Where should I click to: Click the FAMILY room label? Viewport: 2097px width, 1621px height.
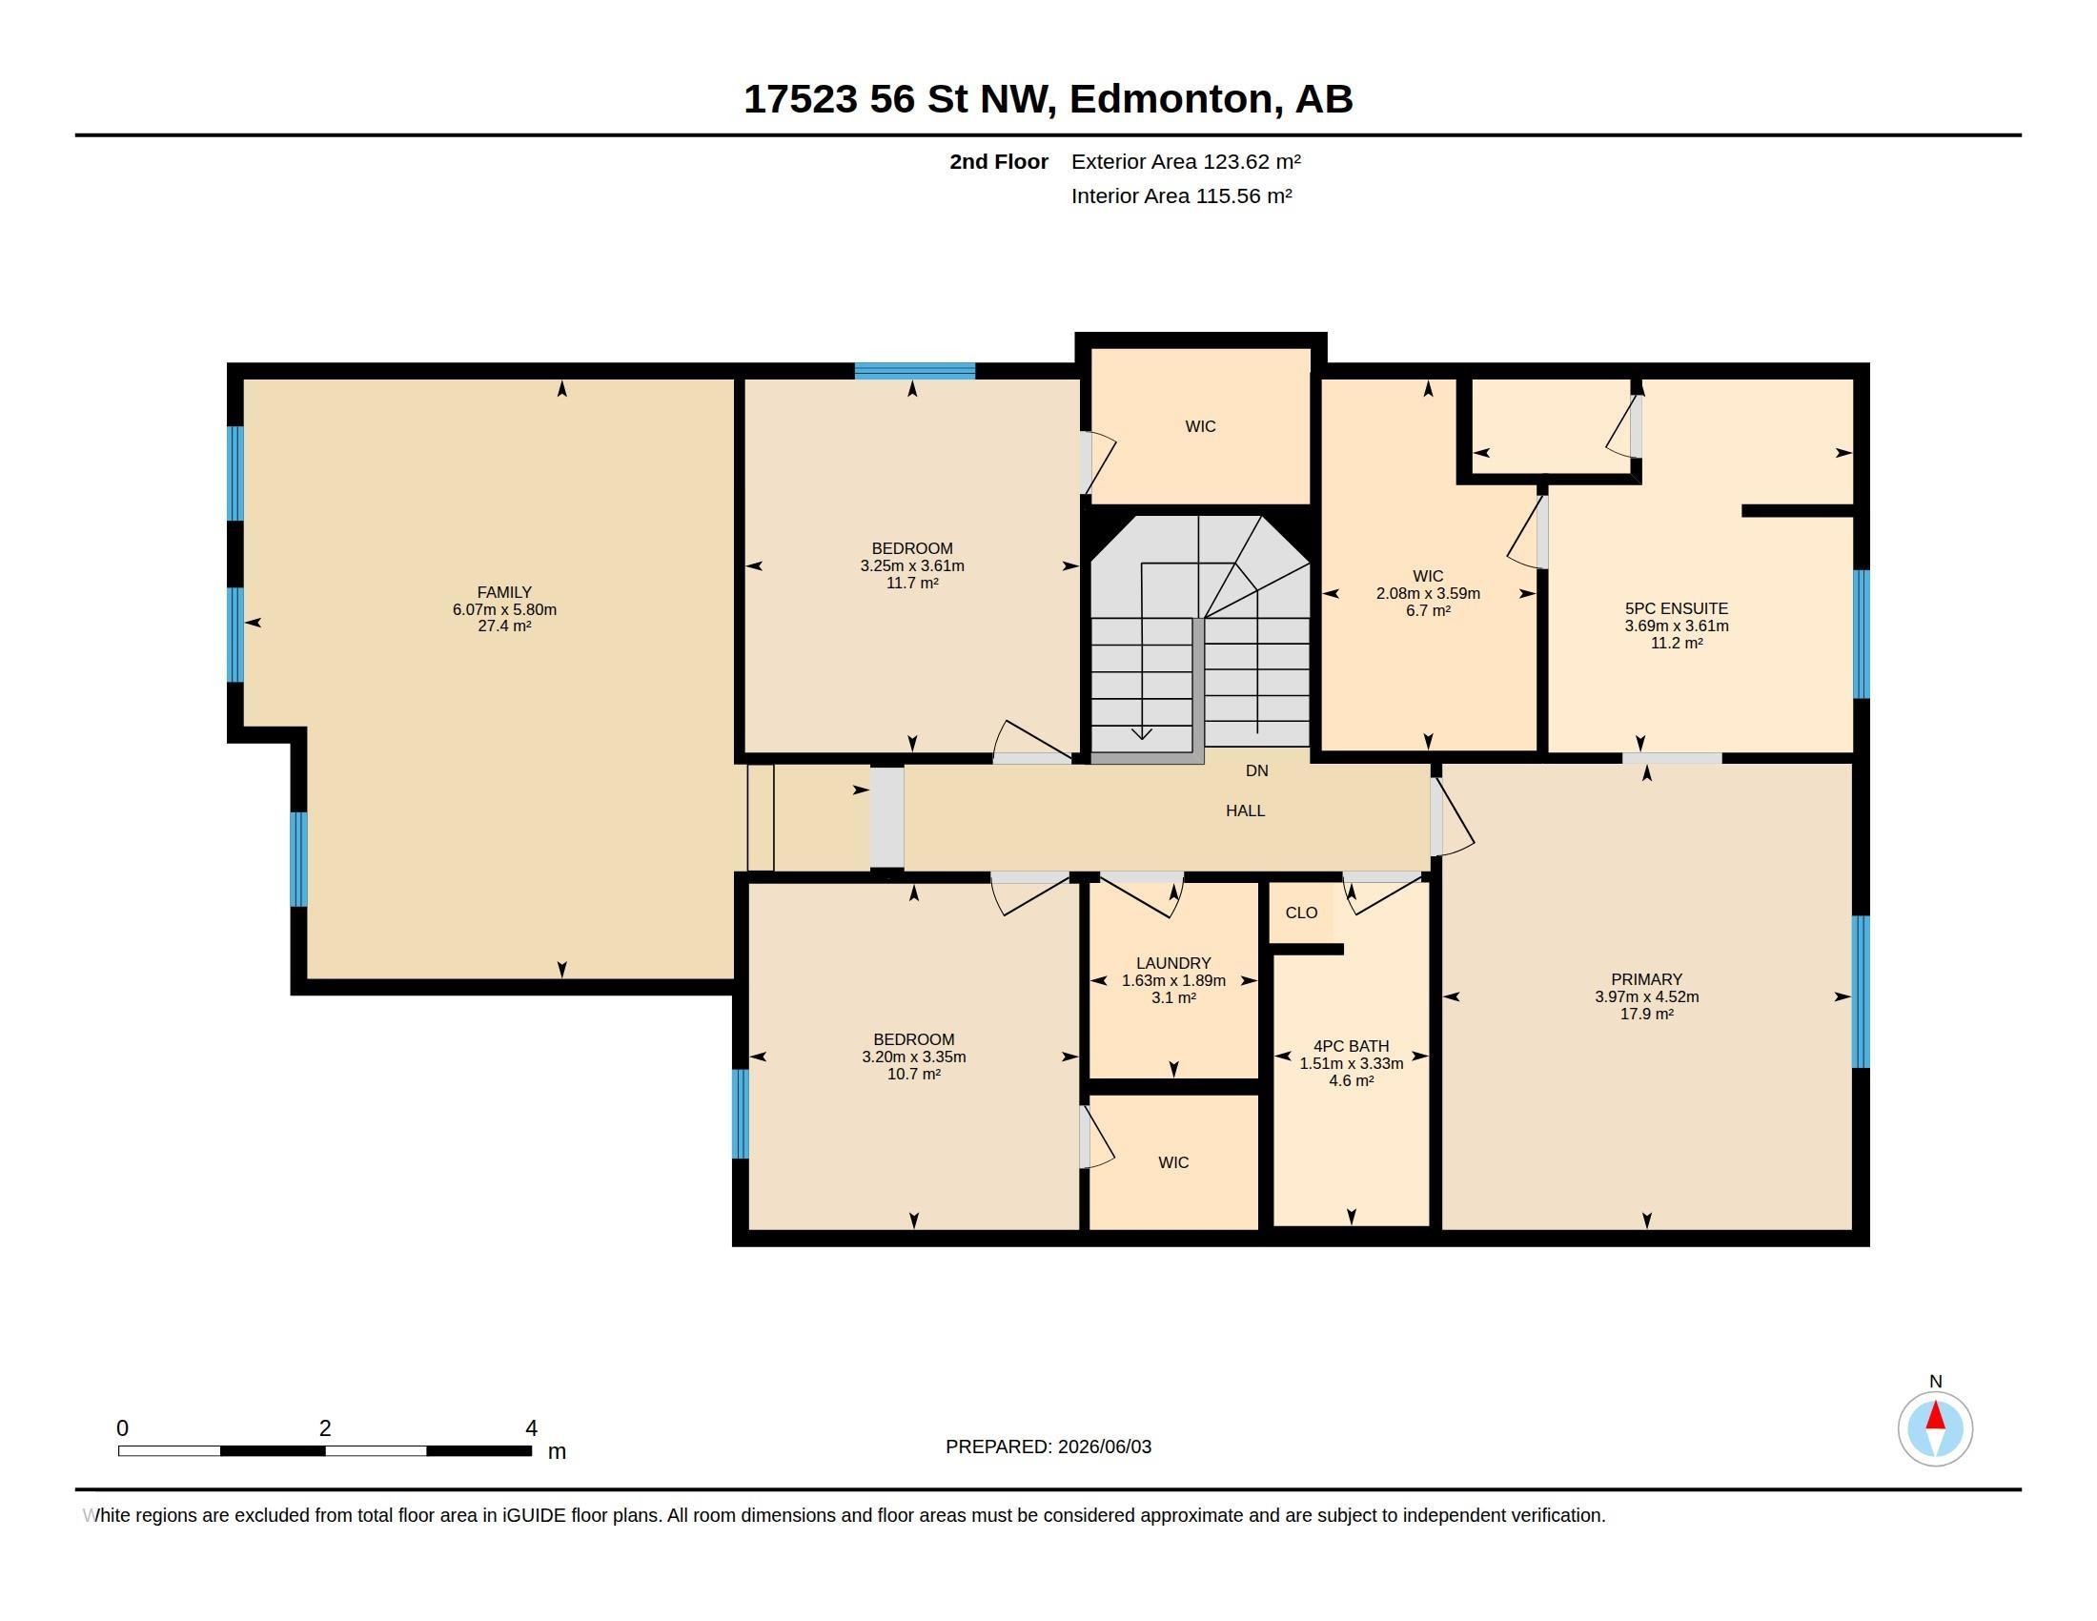click(x=504, y=592)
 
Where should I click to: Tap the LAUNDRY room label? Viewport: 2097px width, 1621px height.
click(x=1173, y=963)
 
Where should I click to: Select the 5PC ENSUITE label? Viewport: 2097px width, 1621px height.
click(x=1677, y=609)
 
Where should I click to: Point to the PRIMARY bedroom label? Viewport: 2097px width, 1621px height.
click(x=1647, y=979)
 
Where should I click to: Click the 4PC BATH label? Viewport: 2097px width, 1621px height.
click(x=1351, y=1047)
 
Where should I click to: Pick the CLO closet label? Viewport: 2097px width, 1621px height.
click(x=1301, y=913)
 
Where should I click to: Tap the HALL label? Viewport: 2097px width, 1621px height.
click(x=1246, y=810)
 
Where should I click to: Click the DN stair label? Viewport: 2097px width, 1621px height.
click(x=1257, y=770)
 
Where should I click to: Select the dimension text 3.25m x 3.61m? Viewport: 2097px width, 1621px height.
click(x=912, y=566)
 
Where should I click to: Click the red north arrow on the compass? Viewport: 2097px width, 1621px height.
click(x=1936, y=1415)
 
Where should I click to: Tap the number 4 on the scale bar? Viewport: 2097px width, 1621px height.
click(x=531, y=1428)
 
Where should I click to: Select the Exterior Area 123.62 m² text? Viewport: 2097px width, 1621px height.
click(x=1186, y=161)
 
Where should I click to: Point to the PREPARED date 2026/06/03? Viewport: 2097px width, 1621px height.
click(x=1104, y=1447)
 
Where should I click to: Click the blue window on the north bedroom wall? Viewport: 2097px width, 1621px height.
click(x=915, y=371)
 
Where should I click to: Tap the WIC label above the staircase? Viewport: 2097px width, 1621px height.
click(x=1200, y=426)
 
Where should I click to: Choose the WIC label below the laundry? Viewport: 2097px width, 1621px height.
click(x=1173, y=1162)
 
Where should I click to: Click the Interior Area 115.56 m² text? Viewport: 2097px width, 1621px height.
click(x=1181, y=195)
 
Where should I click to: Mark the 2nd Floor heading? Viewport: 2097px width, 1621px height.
click(x=999, y=161)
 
